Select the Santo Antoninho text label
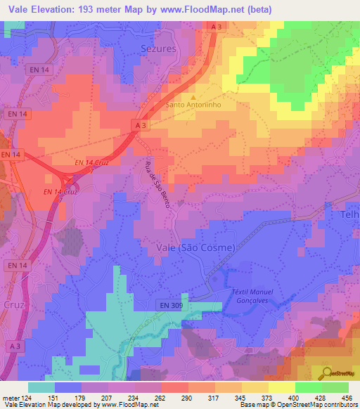(x=195, y=107)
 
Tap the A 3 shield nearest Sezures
(x=215, y=25)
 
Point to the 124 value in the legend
(x=28, y=398)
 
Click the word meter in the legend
(x=10, y=398)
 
